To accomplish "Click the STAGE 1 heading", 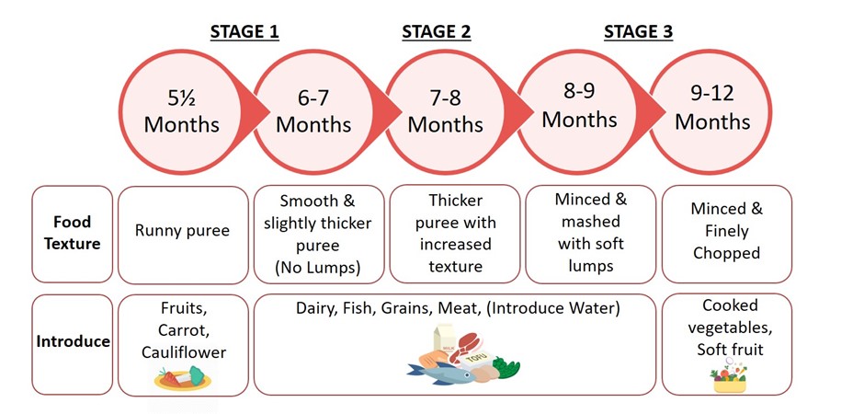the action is pyautogui.click(x=244, y=32).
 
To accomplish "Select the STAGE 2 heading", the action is pyautogui.click(x=437, y=32).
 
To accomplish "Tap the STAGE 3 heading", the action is pyautogui.click(x=638, y=32).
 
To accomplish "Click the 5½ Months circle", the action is pyautogui.click(x=181, y=112).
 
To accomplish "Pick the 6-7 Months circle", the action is pyautogui.click(x=313, y=112).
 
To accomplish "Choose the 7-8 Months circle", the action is pyautogui.click(x=445, y=112).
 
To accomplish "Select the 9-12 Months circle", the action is pyautogui.click(x=712, y=112).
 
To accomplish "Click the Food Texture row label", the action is pyautogui.click(x=73, y=234).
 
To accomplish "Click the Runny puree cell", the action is pyautogui.click(x=183, y=235).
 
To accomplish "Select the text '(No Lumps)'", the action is pyautogui.click(x=318, y=268).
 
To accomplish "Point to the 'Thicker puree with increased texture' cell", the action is pyautogui.click(x=455, y=234).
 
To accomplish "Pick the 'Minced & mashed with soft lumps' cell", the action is pyautogui.click(x=591, y=234).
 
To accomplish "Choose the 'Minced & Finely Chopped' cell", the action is pyautogui.click(x=727, y=234).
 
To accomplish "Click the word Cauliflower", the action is pyautogui.click(x=184, y=352).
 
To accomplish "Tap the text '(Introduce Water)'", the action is pyautogui.click(x=553, y=308).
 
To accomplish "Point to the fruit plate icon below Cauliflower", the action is pyautogui.click(x=182, y=379).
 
